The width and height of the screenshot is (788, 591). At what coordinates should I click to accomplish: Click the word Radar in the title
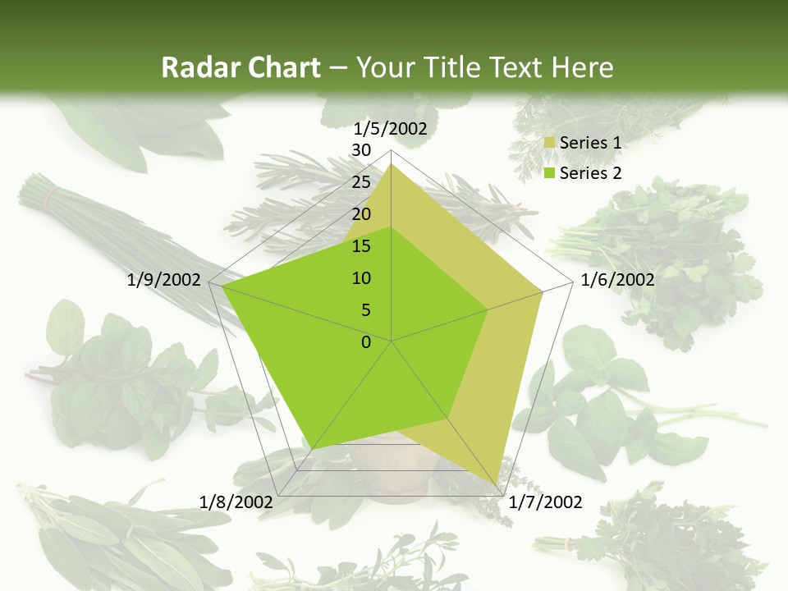point(195,67)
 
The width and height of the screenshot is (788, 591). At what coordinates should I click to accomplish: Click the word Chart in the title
point(278,67)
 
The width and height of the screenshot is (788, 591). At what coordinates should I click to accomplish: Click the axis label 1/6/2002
point(617,280)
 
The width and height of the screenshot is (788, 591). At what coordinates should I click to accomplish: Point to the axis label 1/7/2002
point(545,502)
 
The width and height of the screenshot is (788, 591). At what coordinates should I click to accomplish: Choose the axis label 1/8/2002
point(236,502)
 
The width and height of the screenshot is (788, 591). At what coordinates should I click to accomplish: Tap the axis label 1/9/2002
point(164,280)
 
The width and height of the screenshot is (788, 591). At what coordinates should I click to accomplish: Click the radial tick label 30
point(360,150)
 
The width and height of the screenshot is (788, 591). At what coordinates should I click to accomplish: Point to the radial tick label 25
point(360,182)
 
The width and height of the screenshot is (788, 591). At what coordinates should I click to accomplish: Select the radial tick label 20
point(360,214)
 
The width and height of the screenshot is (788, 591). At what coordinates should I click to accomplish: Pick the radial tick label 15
point(360,246)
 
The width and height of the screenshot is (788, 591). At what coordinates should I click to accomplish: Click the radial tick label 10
point(360,278)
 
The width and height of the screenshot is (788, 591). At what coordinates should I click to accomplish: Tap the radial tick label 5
point(365,310)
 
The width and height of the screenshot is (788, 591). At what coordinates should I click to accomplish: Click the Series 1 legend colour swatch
point(550,144)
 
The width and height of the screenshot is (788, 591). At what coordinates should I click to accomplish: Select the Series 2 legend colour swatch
point(550,173)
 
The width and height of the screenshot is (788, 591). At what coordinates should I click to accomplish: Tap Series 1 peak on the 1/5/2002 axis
point(392,163)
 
